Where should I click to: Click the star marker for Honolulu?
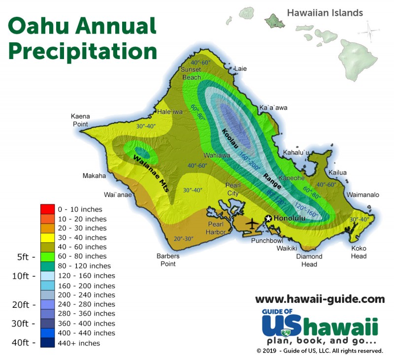[x=268, y=218]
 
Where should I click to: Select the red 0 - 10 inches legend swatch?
[x=47, y=209]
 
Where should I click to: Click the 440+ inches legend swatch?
[x=47, y=343]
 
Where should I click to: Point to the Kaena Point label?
[x=80, y=120]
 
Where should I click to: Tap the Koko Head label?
[x=359, y=252]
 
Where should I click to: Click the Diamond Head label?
[x=309, y=260]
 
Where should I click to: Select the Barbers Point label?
[x=168, y=260]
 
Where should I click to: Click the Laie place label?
[x=240, y=68]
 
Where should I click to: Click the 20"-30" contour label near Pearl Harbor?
[x=183, y=238]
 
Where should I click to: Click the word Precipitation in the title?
[x=83, y=50]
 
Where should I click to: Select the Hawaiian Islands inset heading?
[x=325, y=12]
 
